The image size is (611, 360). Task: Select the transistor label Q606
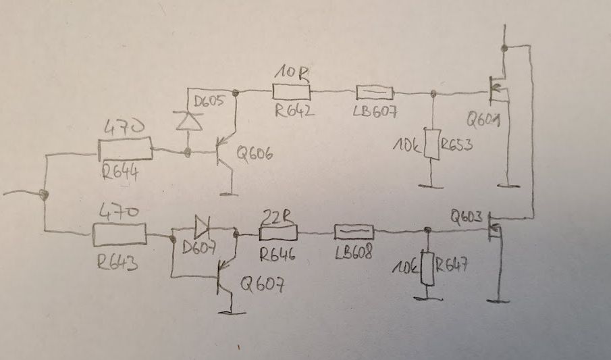click(x=255, y=155)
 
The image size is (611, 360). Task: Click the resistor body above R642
click(x=292, y=91)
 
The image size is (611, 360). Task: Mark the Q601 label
click(x=483, y=122)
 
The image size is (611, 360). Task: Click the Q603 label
click(x=467, y=217)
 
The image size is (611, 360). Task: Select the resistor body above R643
click(x=118, y=235)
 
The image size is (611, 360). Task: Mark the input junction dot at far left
click(x=44, y=195)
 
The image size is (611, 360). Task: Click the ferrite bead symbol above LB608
click(x=354, y=232)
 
